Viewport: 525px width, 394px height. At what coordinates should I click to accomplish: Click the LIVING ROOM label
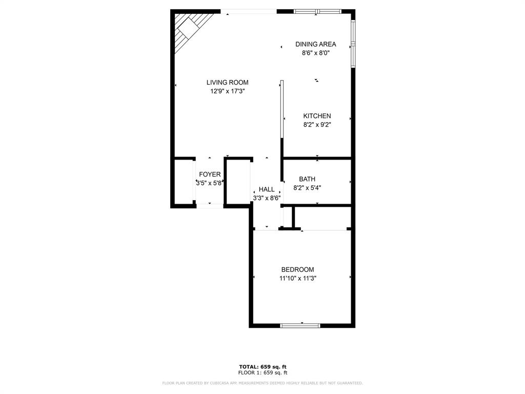click(227, 82)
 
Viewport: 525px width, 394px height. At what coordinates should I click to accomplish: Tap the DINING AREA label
click(315, 44)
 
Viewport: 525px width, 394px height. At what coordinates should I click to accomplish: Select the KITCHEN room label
click(317, 116)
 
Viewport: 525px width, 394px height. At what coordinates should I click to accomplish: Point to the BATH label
click(307, 179)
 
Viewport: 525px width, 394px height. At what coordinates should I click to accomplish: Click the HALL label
click(266, 189)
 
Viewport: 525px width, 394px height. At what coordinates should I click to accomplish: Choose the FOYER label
click(210, 174)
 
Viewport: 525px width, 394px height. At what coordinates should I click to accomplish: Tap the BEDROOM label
click(297, 269)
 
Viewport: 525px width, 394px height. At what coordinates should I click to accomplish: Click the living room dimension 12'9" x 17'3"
click(227, 91)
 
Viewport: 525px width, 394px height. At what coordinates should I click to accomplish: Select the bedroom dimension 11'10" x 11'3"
click(297, 278)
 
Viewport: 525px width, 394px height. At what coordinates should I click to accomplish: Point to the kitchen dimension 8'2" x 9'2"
click(317, 124)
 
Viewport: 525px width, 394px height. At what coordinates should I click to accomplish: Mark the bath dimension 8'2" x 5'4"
click(307, 187)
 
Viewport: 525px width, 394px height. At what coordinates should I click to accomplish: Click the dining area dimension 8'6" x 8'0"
click(315, 52)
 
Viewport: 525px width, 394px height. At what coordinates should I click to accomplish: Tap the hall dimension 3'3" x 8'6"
click(266, 198)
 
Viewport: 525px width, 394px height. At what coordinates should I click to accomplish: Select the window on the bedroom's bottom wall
click(300, 325)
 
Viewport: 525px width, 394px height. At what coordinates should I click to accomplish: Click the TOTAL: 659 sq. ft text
click(262, 366)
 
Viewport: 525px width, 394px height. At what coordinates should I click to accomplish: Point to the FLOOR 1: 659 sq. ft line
click(262, 372)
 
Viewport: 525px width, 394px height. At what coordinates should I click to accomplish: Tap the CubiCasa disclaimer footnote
click(262, 383)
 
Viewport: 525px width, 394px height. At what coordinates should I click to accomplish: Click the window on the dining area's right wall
click(353, 44)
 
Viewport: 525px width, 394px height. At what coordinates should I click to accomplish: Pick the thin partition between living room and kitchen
click(282, 109)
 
